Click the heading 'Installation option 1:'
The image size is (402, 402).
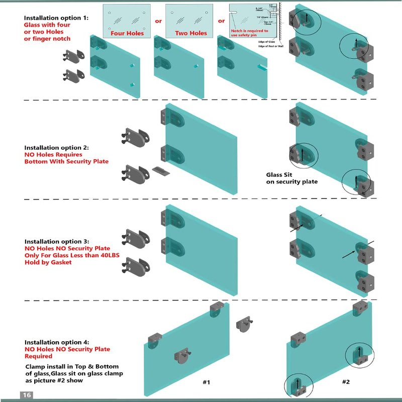(56, 18)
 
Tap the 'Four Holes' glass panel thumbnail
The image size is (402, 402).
(127, 20)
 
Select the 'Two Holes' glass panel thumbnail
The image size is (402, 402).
(190, 20)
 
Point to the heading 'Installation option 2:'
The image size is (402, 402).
(56, 148)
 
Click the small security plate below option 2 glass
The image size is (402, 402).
(159, 171)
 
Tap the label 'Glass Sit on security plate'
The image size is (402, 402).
(291, 178)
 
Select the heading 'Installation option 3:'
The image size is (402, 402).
(56, 241)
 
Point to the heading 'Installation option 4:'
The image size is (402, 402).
(56, 342)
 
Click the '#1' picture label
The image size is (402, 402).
(206, 382)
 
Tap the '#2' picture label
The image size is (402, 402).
(346, 382)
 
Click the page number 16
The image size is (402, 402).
(27, 395)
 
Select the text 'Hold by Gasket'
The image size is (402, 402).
(48, 262)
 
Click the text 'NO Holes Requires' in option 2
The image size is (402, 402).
(53, 155)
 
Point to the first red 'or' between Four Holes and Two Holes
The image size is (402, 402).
(158, 21)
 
